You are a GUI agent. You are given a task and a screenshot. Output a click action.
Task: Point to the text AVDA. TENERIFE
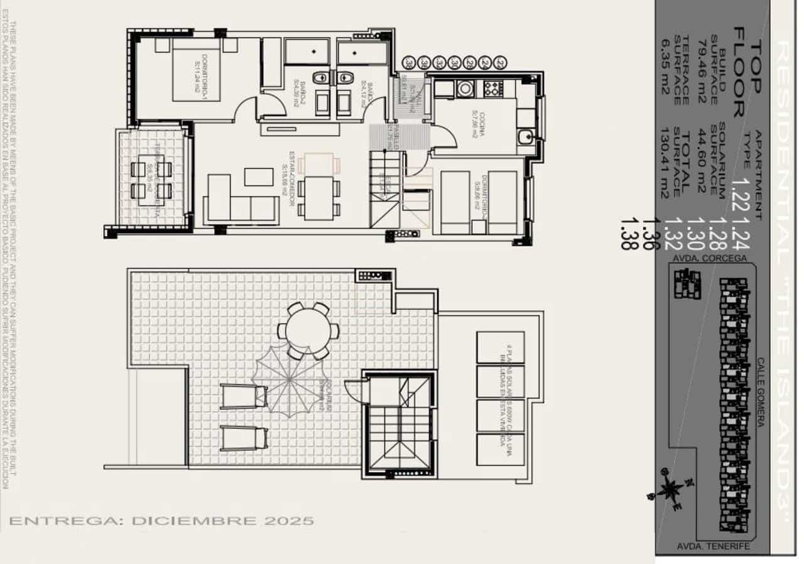(x=713, y=546)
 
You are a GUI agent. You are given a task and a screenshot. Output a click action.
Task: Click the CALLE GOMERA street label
(x=760, y=393)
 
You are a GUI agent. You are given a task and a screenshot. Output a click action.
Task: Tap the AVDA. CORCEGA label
(x=710, y=258)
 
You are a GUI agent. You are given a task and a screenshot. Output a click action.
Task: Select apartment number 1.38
(x=626, y=234)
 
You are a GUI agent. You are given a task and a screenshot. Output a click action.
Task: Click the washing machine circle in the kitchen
(x=464, y=89)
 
